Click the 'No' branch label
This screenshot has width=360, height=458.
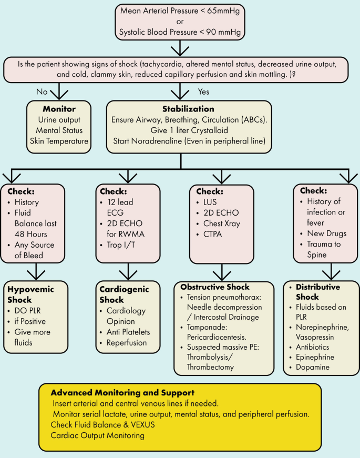click(42, 91)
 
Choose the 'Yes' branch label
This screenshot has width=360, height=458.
click(204, 91)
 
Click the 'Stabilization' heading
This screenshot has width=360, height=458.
click(180, 109)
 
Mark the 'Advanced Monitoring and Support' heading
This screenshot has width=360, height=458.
click(122, 393)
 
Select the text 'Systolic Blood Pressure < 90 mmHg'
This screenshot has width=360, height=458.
click(180, 33)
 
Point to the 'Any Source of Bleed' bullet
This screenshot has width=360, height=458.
click(34, 250)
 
